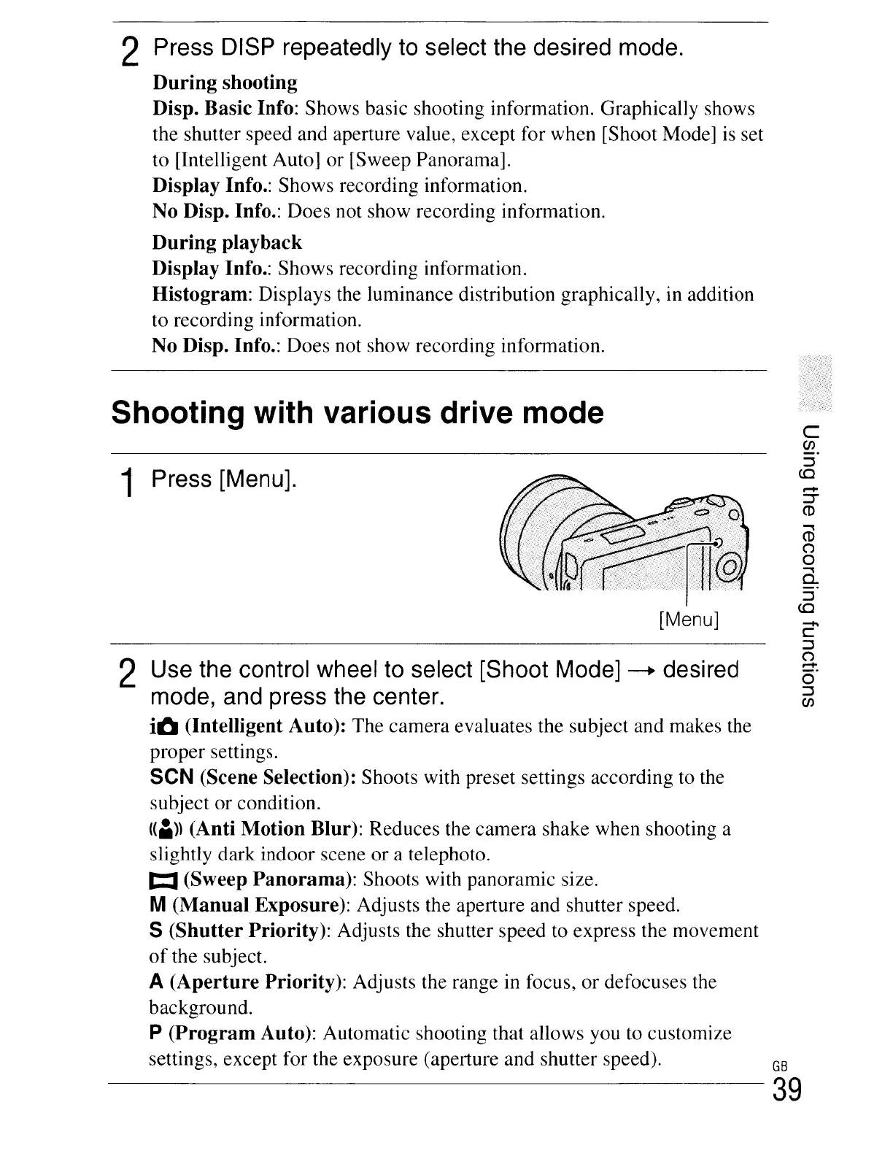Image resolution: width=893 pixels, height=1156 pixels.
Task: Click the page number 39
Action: click(787, 1090)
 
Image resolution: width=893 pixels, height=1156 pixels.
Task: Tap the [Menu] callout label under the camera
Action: click(689, 620)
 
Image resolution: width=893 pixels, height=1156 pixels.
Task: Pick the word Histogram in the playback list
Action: click(201, 295)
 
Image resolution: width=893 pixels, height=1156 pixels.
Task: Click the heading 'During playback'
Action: click(227, 242)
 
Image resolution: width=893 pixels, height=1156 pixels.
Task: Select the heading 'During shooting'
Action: click(225, 82)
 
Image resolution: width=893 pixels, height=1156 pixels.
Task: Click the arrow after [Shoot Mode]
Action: click(642, 671)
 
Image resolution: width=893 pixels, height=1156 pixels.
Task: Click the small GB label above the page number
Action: click(780, 1063)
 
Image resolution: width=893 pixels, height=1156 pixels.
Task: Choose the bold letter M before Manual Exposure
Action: click(156, 906)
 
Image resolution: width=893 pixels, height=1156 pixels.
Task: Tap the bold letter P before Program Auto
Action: click(155, 1033)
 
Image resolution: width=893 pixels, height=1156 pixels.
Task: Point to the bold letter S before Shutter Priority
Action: click(155, 931)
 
